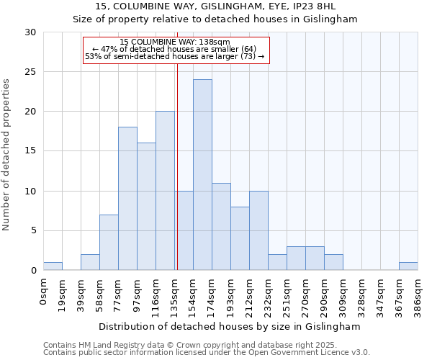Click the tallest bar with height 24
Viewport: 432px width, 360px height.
pos(202,175)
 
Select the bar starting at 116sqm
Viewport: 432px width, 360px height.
pos(165,191)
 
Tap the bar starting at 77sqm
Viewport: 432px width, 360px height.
pos(127,199)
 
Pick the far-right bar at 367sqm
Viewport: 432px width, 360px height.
pos(408,266)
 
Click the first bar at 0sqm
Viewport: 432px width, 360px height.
pos(53,266)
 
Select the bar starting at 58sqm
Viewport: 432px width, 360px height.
pos(109,243)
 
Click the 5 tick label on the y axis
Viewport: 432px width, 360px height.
pos(34,231)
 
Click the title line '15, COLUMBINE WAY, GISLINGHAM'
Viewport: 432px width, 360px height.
pos(215,6)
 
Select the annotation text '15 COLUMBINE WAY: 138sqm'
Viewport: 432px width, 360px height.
pos(175,42)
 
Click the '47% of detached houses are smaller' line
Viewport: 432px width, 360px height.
pos(175,49)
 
